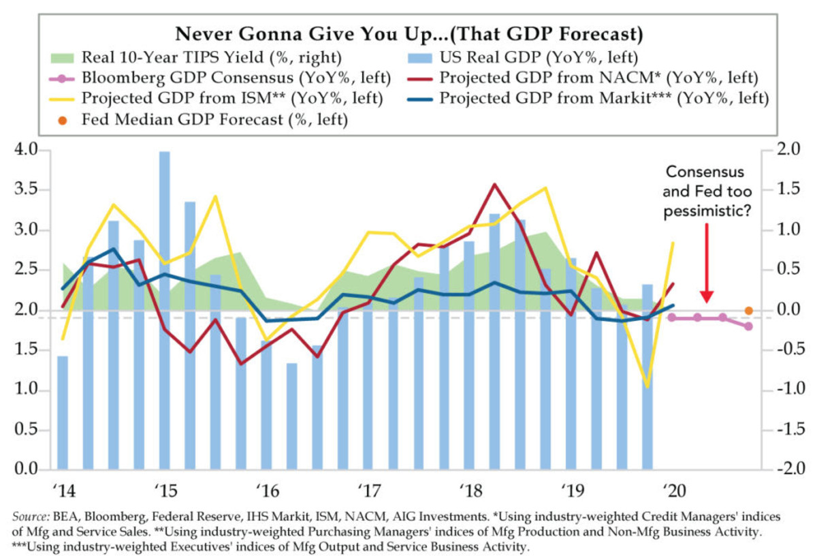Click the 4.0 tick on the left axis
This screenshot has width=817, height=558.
[27, 150]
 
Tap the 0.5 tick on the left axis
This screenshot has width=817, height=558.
[27, 431]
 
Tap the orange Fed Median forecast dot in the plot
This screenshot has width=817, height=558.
[748, 311]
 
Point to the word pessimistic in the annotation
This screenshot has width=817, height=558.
[708, 212]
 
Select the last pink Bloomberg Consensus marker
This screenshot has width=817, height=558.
[748, 326]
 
